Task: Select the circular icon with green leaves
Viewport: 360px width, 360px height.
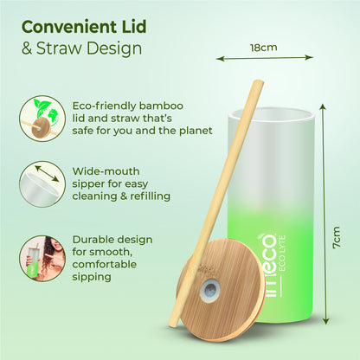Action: (41, 118)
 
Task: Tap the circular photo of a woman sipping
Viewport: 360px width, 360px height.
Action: (41, 257)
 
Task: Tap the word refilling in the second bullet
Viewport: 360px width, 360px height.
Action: (147, 196)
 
